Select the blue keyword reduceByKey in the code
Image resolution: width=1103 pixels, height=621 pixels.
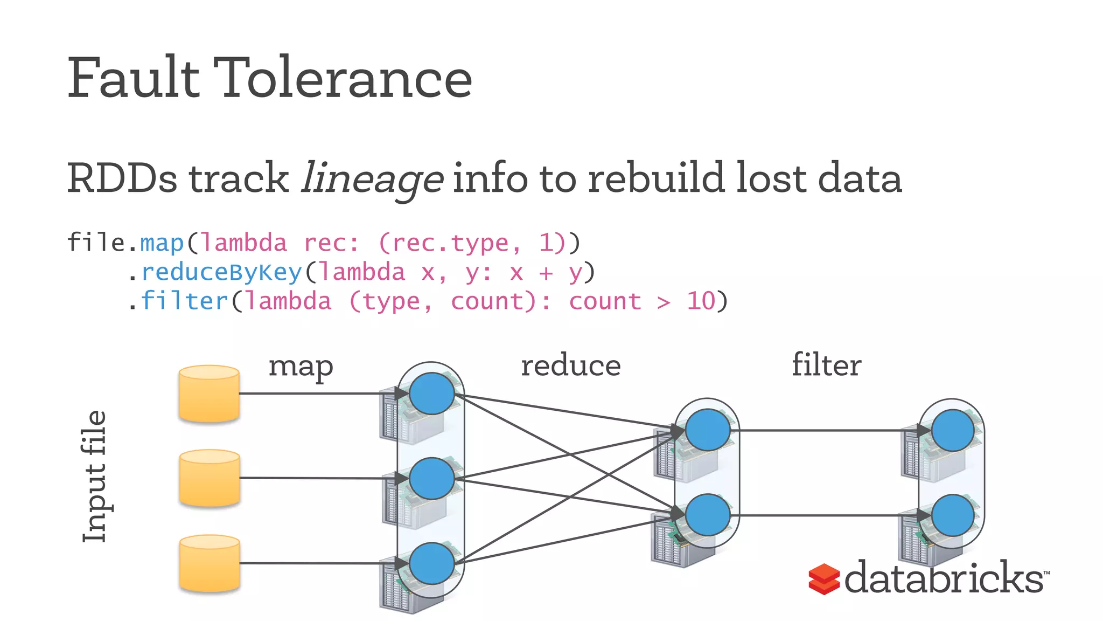click(221, 272)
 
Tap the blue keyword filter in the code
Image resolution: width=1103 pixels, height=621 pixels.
click(185, 301)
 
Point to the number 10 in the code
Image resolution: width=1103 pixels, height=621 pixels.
click(701, 301)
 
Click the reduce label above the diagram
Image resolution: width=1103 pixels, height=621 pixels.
click(570, 366)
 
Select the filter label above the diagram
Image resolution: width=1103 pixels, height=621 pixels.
click(826, 365)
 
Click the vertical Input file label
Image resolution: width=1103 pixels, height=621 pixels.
click(95, 477)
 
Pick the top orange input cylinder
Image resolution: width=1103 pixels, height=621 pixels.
click(209, 394)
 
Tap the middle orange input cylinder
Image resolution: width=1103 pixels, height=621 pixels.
click(209, 478)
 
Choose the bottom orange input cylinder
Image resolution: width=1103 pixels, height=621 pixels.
click(209, 563)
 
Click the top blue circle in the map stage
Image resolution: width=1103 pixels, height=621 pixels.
click(431, 394)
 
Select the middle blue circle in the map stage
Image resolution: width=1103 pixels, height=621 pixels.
click(431, 478)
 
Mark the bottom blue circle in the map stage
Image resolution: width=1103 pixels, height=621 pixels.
click(431, 563)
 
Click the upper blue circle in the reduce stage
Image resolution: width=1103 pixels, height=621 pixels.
click(707, 430)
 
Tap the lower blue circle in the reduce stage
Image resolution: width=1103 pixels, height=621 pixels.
click(707, 515)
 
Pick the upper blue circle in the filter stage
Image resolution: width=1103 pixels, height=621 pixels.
click(952, 430)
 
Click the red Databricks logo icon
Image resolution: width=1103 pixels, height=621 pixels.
click(823, 579)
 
